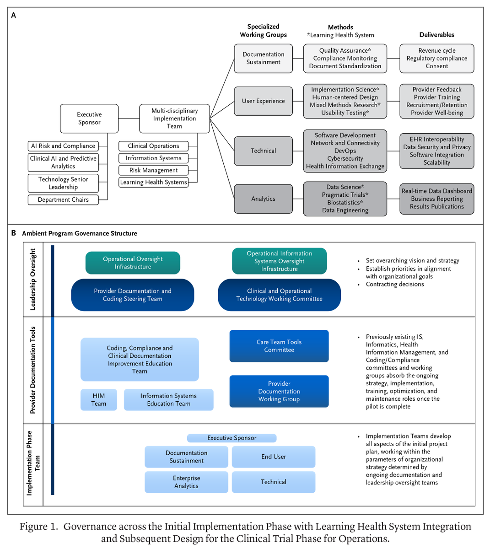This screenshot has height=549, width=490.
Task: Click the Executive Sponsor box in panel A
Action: [x=89, y=118]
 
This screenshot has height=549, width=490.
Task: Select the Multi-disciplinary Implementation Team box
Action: [x=174, y=118]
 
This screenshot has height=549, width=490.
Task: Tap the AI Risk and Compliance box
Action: [x=63, y=146]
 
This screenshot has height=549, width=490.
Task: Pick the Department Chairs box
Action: [x=63, y=200]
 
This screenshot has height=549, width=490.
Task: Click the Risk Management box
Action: [x=153, y=170]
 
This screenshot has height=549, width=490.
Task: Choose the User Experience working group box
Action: [x=263, y=101]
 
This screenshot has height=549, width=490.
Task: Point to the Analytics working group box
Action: [x=263, y=199]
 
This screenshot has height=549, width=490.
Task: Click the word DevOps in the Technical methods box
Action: [x=345, y=151]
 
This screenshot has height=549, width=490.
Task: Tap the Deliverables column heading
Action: [x=436, y=35]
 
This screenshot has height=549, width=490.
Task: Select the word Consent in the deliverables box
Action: [x=436, y=66]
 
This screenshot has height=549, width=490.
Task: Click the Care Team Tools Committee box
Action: [x=279, y=346]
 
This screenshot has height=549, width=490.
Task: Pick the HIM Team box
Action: [x=99, y=399]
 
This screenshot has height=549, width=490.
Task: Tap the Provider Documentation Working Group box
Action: [x=279, y=391]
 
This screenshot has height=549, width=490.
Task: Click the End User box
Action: [x=274, y=457]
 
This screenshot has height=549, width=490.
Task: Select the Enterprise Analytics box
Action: [x=186, y=482]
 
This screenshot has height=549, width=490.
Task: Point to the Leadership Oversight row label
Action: [x=32, y=279]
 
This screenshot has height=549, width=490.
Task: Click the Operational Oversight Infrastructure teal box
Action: [x=133, y=263]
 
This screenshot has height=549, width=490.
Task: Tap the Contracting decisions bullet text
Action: [x=394, y=284]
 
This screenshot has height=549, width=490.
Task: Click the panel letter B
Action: [x=14, y=233]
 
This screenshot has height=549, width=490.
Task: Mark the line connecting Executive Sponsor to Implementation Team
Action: [x=129, y=118]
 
